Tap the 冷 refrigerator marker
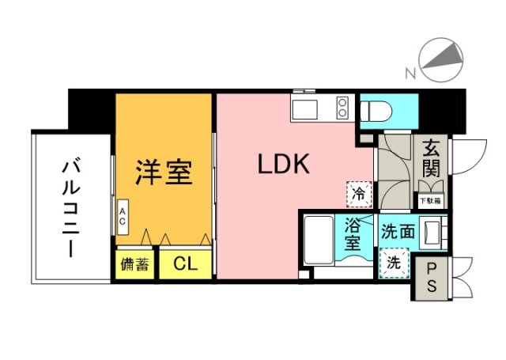[358, 192]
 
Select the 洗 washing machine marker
[393, 263]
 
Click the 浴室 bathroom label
[353, 233]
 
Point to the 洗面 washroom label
[398, 233]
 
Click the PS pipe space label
[432, 278]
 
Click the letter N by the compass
[410, 74]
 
